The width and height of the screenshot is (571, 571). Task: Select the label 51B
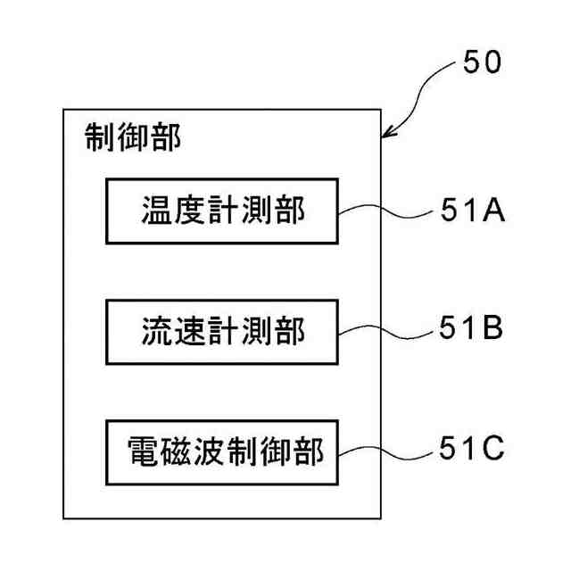(471, 329)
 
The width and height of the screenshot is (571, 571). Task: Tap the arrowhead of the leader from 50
(386, 135)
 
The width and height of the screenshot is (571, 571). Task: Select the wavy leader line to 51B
(384, 330)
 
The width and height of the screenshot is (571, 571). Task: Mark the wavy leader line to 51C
(384, 449)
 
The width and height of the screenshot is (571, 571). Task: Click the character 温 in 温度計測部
(157, 211)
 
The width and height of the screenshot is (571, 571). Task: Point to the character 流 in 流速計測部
(157, 331)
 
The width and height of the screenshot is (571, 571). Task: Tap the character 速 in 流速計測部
(190, 331)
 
